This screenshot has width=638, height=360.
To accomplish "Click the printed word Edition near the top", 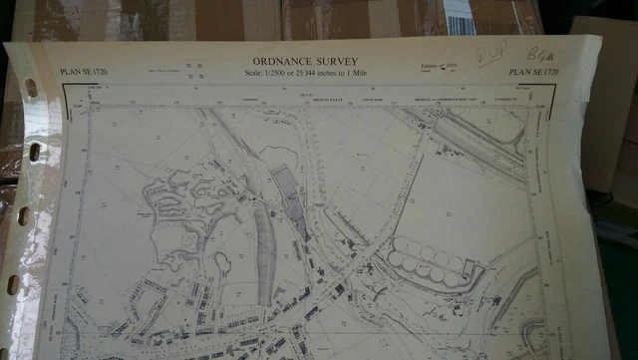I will pos(430,67).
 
